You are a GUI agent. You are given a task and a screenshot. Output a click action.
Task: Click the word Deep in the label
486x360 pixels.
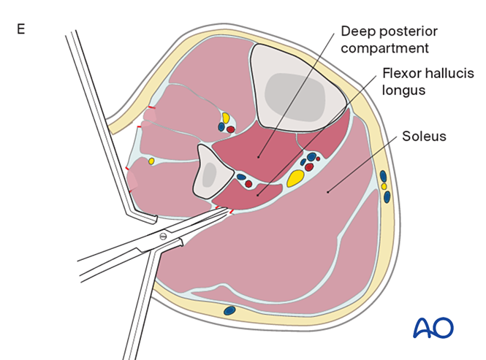coord(356,32)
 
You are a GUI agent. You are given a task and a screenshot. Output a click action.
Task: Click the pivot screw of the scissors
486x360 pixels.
coord(163,236)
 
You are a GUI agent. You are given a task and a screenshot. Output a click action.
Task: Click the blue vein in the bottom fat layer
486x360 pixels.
coord(229,310)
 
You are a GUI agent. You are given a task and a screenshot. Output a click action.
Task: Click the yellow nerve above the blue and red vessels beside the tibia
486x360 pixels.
coord(226,117)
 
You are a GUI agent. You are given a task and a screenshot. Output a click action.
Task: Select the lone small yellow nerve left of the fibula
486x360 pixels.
coord(151,161)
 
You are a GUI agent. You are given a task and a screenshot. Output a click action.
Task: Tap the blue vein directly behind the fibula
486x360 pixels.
coord(240,176)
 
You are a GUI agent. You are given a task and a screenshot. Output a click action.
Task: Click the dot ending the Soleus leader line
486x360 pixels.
coord(328,192)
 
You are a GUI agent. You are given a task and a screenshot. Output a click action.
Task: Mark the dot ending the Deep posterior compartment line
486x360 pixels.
coord(259,155)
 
